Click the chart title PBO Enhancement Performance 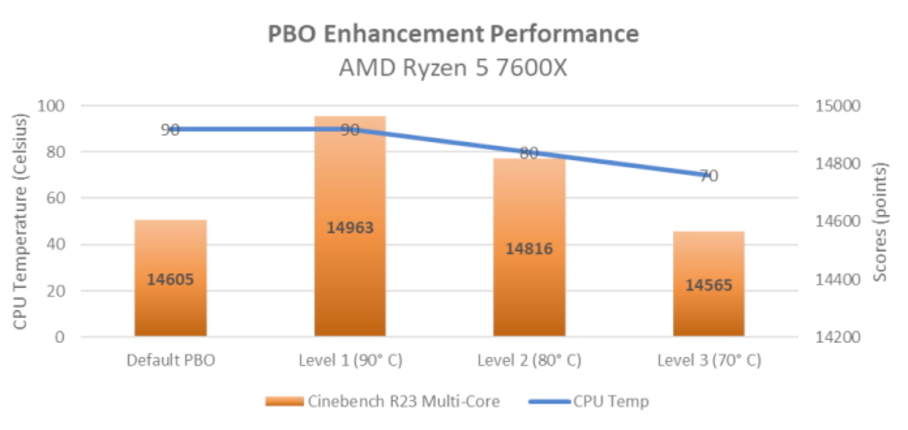pos(453,34)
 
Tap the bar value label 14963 pos(350,228)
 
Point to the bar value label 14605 pos(171,279)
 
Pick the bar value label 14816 pos(529,249)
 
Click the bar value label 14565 pos(709,284)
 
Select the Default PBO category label pos(171,360)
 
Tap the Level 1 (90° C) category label pos(350,360)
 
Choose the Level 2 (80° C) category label pos(529,360)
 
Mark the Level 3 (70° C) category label pos(709,360)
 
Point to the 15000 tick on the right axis pos(833,106)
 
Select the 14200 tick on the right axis pos(833,337)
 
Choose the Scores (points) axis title pos(881,222)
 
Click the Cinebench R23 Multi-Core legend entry pos(381,401)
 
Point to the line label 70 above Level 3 pos(709,176)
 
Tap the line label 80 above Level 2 pos(529,153)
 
